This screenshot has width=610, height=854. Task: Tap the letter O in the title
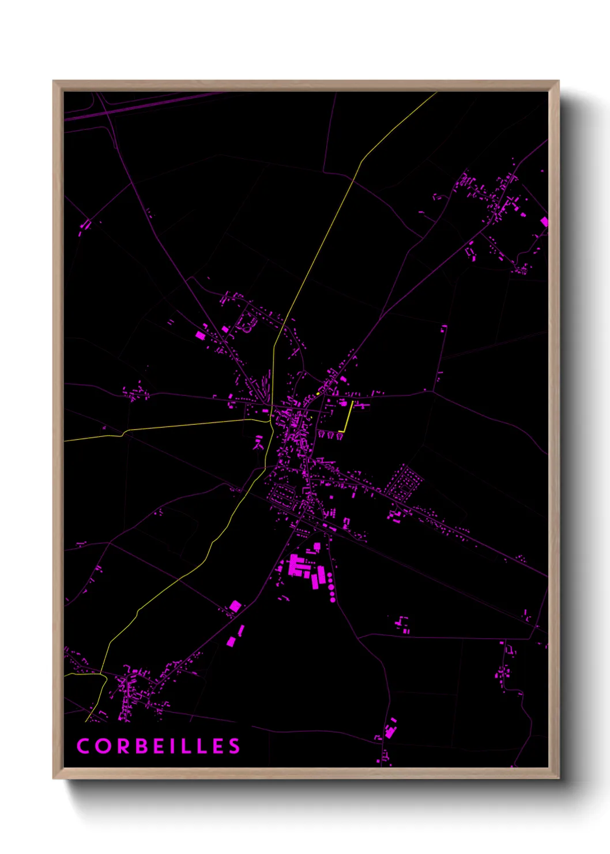click(x=103, y=746)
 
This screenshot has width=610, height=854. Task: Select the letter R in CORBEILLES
click(x=122, y=746)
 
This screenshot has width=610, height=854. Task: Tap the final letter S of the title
click(x=234, y=746)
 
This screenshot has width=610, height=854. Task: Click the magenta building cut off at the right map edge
click(x=544, y=222)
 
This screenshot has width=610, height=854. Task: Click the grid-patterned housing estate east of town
click(x=404, y=482)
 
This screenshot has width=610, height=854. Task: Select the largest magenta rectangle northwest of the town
click(x=200, y=335)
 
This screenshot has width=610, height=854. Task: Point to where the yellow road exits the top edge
click(x=436, y=92)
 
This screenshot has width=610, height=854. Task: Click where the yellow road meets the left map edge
click(x=65, y=440)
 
